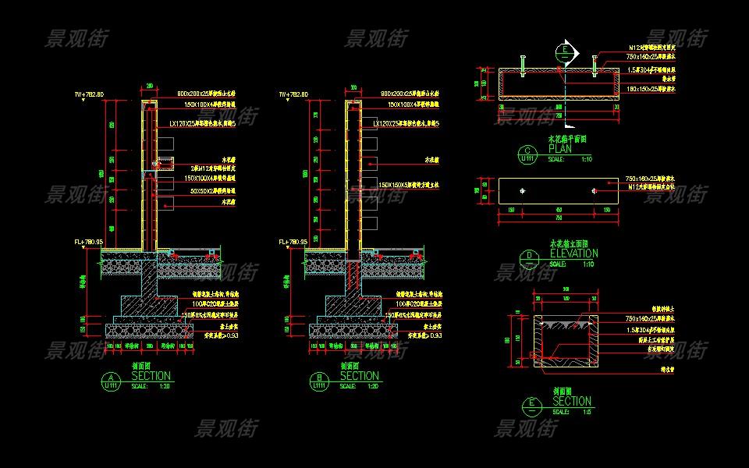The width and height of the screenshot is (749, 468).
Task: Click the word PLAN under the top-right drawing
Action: [561, 149]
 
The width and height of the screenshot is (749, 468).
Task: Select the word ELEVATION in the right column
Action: [573, 253]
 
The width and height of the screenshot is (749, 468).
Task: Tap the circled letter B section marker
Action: [318, 380]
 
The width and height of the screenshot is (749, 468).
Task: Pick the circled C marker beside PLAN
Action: [528, 154]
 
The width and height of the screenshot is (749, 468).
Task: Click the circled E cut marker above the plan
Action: [565, 53]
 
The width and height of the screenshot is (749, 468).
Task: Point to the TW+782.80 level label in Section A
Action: [89, 94]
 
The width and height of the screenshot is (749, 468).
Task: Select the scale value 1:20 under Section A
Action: [164, 386]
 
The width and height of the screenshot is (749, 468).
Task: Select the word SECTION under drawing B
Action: [359, 377]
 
